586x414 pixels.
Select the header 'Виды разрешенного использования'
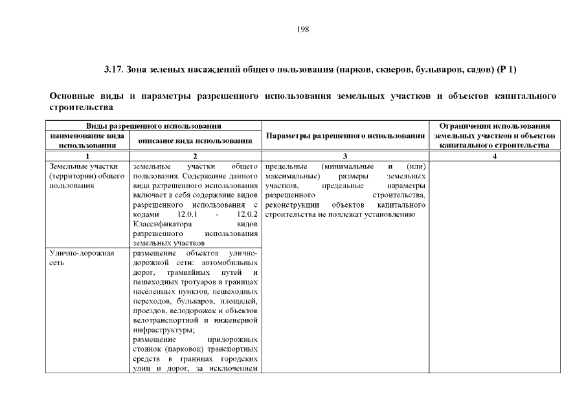pos(153,125)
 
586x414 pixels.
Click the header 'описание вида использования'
pos(196,140)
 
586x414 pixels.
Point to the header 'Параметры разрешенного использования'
pos(345,136)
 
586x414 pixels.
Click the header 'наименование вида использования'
pos(87,140)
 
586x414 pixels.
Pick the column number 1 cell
pos(87,156)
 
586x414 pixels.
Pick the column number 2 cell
pos(196,156)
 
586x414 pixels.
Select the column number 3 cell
pos(345,156)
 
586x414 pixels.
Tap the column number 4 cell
pos(494,156)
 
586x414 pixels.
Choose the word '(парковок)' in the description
pos(178,350)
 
